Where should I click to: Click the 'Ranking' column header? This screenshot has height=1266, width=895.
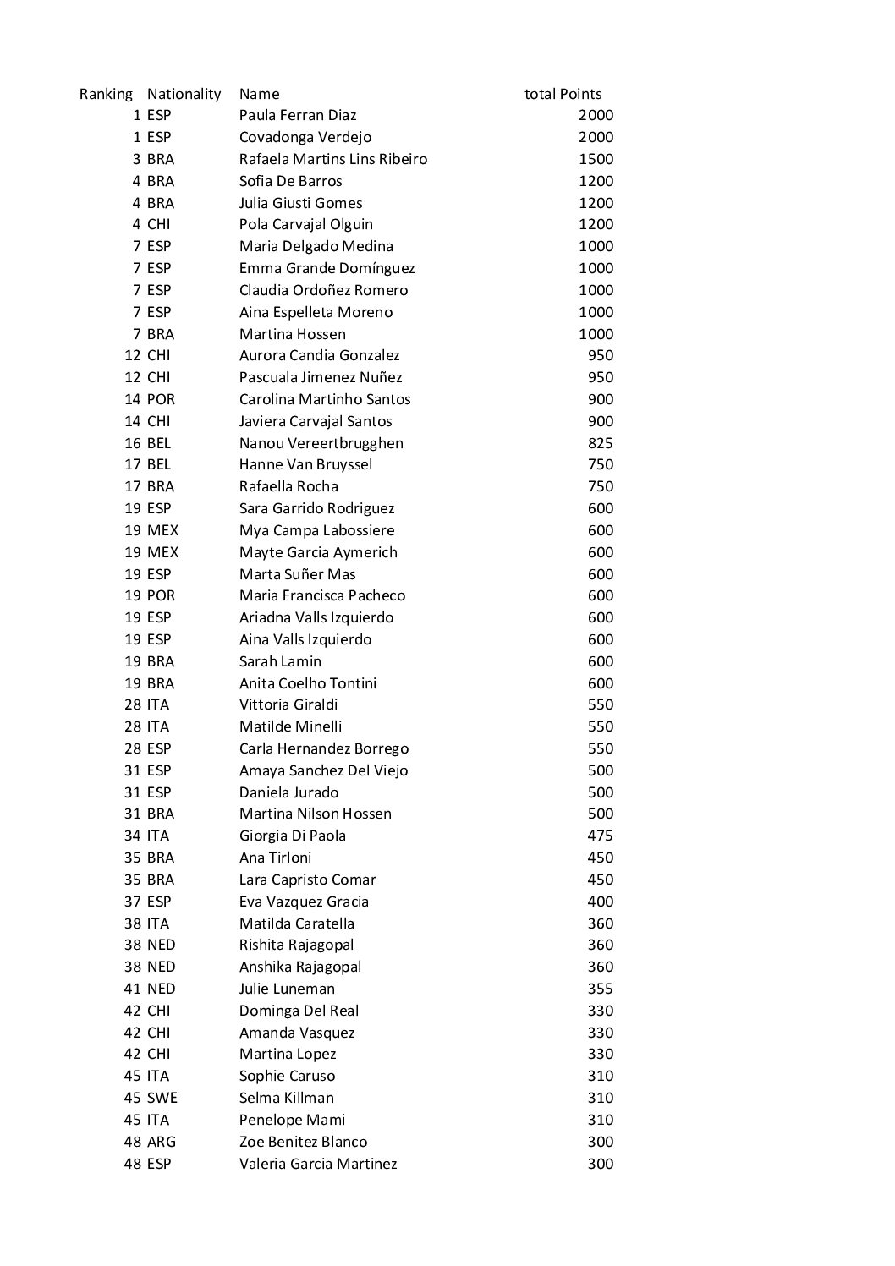point(106,94)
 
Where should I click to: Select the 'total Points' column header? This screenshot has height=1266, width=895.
point(563,94)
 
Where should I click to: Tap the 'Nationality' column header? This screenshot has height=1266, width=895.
point(184,94)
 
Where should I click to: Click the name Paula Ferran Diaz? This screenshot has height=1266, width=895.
point(298,115)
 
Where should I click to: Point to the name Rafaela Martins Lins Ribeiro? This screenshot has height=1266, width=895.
point(333,159)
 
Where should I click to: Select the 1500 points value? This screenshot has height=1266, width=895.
point(596,159)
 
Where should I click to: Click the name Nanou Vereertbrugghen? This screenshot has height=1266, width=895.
point(321,443)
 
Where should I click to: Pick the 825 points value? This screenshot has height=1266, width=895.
point(600,443)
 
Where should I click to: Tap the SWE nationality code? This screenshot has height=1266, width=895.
point(162,1098)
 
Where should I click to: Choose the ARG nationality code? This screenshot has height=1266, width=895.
point(161,1142)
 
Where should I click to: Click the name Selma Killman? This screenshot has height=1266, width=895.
point(287,1098)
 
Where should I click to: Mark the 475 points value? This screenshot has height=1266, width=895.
point(600,836)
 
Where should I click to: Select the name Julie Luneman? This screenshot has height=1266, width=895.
point(287,989)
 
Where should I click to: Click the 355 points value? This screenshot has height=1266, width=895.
point(600,989)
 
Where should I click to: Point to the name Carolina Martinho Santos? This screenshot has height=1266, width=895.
point(325,399)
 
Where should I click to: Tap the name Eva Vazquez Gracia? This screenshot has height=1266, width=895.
point(304,902)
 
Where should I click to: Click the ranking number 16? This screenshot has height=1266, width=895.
point(133,443)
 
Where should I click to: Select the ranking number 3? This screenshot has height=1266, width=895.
point(136,159)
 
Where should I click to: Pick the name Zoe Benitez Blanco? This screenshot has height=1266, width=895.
point(303,1142)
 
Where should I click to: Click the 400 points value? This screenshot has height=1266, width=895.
point(600,902)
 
